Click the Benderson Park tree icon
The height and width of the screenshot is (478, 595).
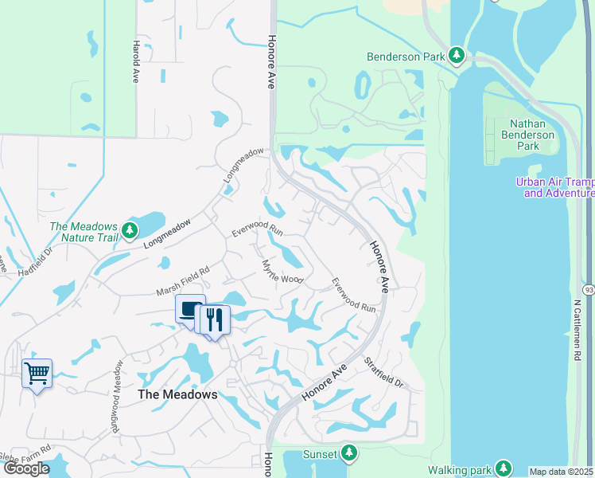tap(457, 56)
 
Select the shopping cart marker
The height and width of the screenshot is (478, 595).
tap(37, 373)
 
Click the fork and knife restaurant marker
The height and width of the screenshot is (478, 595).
tap(214, 319)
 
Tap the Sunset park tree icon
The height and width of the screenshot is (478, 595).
tap(348, 453)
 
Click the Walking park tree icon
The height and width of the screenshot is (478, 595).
tap(503, 468)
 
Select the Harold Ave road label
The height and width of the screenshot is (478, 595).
tap(137, 62)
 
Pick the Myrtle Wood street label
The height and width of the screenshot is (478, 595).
tap(282, 271)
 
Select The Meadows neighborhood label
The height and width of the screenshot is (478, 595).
tap(177, 394)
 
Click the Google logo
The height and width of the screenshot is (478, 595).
tap(26, 468)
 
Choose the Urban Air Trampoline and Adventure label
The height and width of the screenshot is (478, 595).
tap(554, 187)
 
